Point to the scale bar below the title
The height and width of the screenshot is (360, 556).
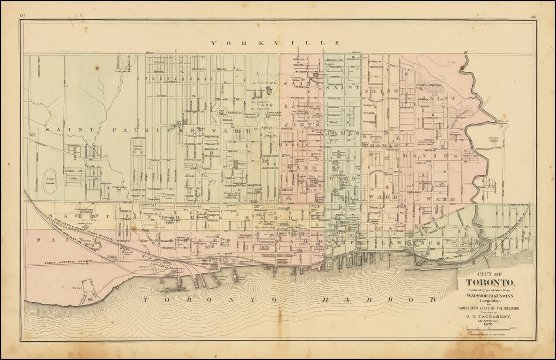coord(490,332)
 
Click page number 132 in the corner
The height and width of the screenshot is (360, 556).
coord(22,16)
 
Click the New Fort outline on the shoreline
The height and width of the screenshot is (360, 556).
coord(89,295)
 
